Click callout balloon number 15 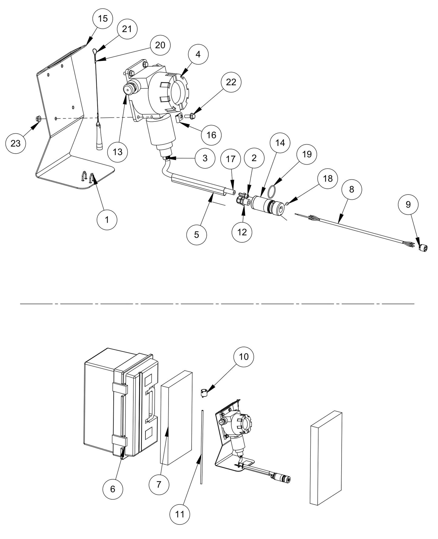[103, 18]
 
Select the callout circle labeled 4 [198, 54]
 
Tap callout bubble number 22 [231, 82]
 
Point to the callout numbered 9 [408, 205]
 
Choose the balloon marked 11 [180, 514]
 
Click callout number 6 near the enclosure [112, 489]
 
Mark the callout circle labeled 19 [307, 154]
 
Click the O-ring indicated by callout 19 [272, 191]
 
